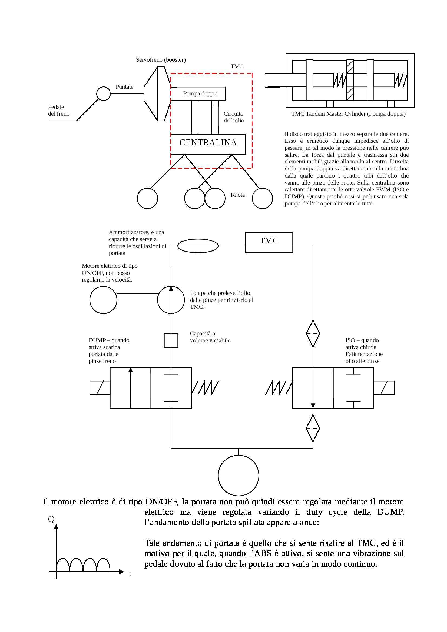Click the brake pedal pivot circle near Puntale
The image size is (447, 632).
point(103,93)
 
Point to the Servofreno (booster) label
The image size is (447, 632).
point(161,60)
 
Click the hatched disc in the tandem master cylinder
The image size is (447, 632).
point(350,80)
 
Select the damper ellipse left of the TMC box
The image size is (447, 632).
point(198,246)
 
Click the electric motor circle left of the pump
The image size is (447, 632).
point(103,300)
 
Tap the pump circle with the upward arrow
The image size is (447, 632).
point(171,300)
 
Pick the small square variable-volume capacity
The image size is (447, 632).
point(171,340)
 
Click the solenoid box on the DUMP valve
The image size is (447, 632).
point(100,388)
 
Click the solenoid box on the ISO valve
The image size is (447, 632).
point(384,388)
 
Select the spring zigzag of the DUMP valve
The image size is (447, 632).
point(205,388)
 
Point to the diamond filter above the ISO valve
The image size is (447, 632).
point(313,334)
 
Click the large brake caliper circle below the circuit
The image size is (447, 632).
point(239,475)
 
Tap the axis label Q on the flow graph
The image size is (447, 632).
point(51,519)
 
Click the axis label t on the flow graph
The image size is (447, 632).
point(130,573)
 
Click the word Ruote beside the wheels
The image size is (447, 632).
point(238,195)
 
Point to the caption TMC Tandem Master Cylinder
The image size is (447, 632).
point(329,114)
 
